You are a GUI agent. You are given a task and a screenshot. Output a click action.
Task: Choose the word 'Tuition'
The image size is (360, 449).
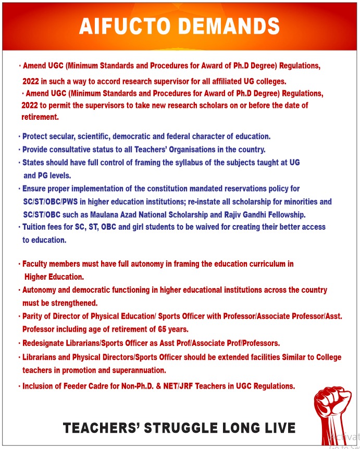(x=35, y=227)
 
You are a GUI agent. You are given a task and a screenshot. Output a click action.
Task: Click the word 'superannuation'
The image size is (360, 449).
(x=139, y=370)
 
